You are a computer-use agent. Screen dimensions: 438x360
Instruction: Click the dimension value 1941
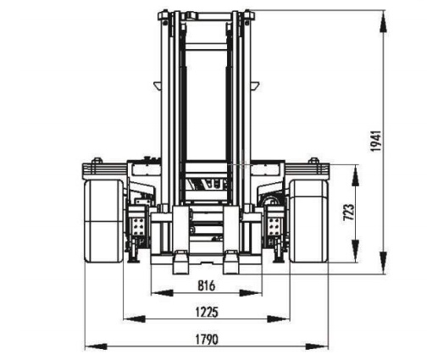376,141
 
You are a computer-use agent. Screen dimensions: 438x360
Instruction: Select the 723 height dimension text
348,212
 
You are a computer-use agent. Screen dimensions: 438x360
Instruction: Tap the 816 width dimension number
206,285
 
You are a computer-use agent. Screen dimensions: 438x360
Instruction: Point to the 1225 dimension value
207,313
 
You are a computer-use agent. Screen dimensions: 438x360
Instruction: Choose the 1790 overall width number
207,339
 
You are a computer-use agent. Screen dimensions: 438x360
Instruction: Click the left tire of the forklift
104,221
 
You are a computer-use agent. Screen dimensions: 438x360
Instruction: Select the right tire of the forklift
309,221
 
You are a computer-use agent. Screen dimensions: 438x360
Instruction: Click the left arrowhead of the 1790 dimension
96,346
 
